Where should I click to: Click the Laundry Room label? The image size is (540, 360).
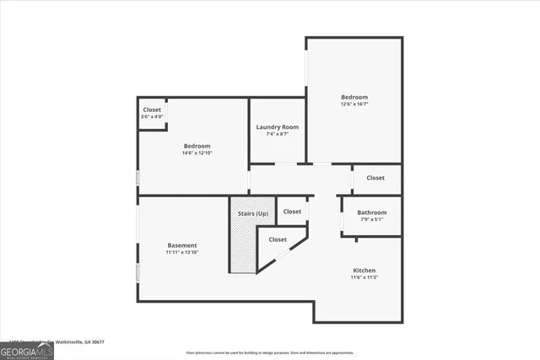(x=278, y=126)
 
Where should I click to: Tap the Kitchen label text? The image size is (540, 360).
(x=364, y=271)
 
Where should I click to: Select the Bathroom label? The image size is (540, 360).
(x=371, y=212)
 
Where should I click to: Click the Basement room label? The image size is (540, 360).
(x=181, y=245)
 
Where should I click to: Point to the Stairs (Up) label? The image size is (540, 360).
(x=251, y=214)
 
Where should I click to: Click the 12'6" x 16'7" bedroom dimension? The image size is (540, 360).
(x=354, y=105)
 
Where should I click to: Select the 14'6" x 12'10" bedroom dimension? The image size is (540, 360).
(x=197, y=153)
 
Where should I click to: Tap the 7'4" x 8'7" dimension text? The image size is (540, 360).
(x=278, y=134)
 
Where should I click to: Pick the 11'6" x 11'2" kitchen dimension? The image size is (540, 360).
(x=364, y=278)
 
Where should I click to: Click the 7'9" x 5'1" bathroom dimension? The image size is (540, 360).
(x=371, y=220)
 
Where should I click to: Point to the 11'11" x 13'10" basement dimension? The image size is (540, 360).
(x=181, y=253)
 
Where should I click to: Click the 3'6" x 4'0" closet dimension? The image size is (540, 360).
(x=152, y=117)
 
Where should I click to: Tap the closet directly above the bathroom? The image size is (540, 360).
(x=375, y=178)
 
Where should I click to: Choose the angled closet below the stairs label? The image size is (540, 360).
(x=278, y=240)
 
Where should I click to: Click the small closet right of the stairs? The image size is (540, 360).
(x=292, y=212)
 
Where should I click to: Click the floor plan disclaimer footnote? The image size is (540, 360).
(x=270, y=352)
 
